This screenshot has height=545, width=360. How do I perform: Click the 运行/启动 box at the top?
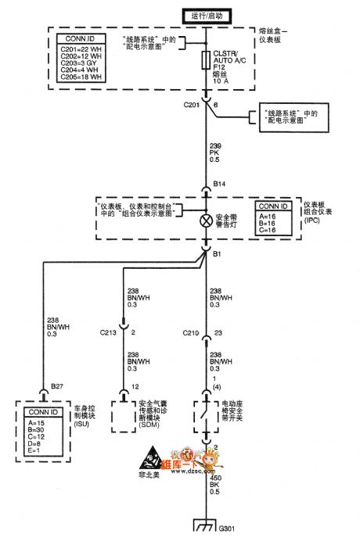point(206,15)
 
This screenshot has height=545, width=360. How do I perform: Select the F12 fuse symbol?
point(206,59)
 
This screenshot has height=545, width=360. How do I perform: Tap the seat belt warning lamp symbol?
point(207,220)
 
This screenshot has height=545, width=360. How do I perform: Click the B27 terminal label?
point(58,385)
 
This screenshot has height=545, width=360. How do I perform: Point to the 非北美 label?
point(149,474)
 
